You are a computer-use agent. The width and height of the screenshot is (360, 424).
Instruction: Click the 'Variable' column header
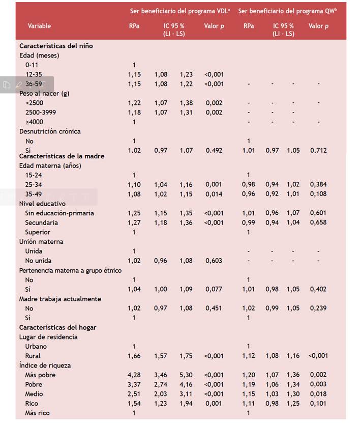pyautogui.click(x=39, y=26)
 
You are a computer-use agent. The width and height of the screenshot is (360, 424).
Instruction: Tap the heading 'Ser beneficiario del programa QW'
pyautogui.click(x=288, y=10)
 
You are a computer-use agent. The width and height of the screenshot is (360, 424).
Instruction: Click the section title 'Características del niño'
pyautogui.click(x=56, y=46)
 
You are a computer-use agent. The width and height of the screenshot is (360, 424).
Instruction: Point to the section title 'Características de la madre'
pyautogui.click(x=62, y=156)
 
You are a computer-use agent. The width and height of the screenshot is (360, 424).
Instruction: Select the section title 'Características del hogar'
pyautogui.click(x=57, y=327)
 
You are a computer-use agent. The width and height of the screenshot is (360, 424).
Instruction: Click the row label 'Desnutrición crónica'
pyautogui.click(x=50, y=131)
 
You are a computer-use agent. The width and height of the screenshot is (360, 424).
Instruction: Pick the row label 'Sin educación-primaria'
pyautogui.click(x=59, y=213)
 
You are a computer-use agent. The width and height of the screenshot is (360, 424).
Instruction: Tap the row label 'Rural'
pyautogui.click(x=33, y=356)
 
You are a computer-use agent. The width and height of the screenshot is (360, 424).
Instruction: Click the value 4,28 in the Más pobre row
pyautogui.click(x=134, y=375)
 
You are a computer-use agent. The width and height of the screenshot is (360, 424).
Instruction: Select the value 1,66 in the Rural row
pyautogui.click(x=134, y=356)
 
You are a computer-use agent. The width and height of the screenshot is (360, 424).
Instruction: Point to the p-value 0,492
pyautogui.click(x=215, y=151)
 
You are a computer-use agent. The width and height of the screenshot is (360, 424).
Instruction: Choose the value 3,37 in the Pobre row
pyautogui.click(x=134, y=384)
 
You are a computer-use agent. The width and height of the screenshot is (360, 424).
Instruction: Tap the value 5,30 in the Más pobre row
pyautogui.click(x=186, y=375)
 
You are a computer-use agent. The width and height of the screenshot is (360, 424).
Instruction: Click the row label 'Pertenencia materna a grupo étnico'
pyautogui.click(x=70, y=270)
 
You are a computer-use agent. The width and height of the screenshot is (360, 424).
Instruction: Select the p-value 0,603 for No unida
pyautogui.click(x=215, y=261)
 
